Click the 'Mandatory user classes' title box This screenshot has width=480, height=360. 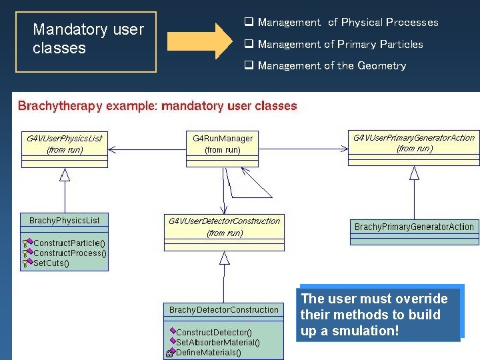[x=86, y=41]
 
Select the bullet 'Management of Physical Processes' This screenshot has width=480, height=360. [x=347, y=23]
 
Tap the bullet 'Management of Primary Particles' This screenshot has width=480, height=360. [x=340, y=44]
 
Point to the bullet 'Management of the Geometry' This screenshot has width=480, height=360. [x=331, y=65]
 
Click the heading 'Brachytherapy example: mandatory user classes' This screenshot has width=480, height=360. [x=157, y=106]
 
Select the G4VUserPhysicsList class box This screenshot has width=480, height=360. [x=65, y=144]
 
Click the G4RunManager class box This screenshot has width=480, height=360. [x=223, y=144]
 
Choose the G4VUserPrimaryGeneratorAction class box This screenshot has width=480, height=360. [x=413, y=143]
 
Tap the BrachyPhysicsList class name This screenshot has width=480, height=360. [x=65, y=220]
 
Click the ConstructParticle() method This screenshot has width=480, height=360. [x=69, y=243]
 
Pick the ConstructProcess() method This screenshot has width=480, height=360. [x=70, y=253]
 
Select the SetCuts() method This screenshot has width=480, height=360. [x=51, y=263]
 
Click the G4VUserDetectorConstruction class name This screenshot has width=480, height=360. [x=224, y=221]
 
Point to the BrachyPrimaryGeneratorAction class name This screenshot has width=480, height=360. [x=414, y=227]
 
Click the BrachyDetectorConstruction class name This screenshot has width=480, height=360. [x=224, y=310]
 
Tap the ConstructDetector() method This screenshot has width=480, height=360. [x=214, y=332]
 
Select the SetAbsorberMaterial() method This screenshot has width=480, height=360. [x=218, y=342]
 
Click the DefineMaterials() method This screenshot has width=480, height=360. [x=209, y=352]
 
